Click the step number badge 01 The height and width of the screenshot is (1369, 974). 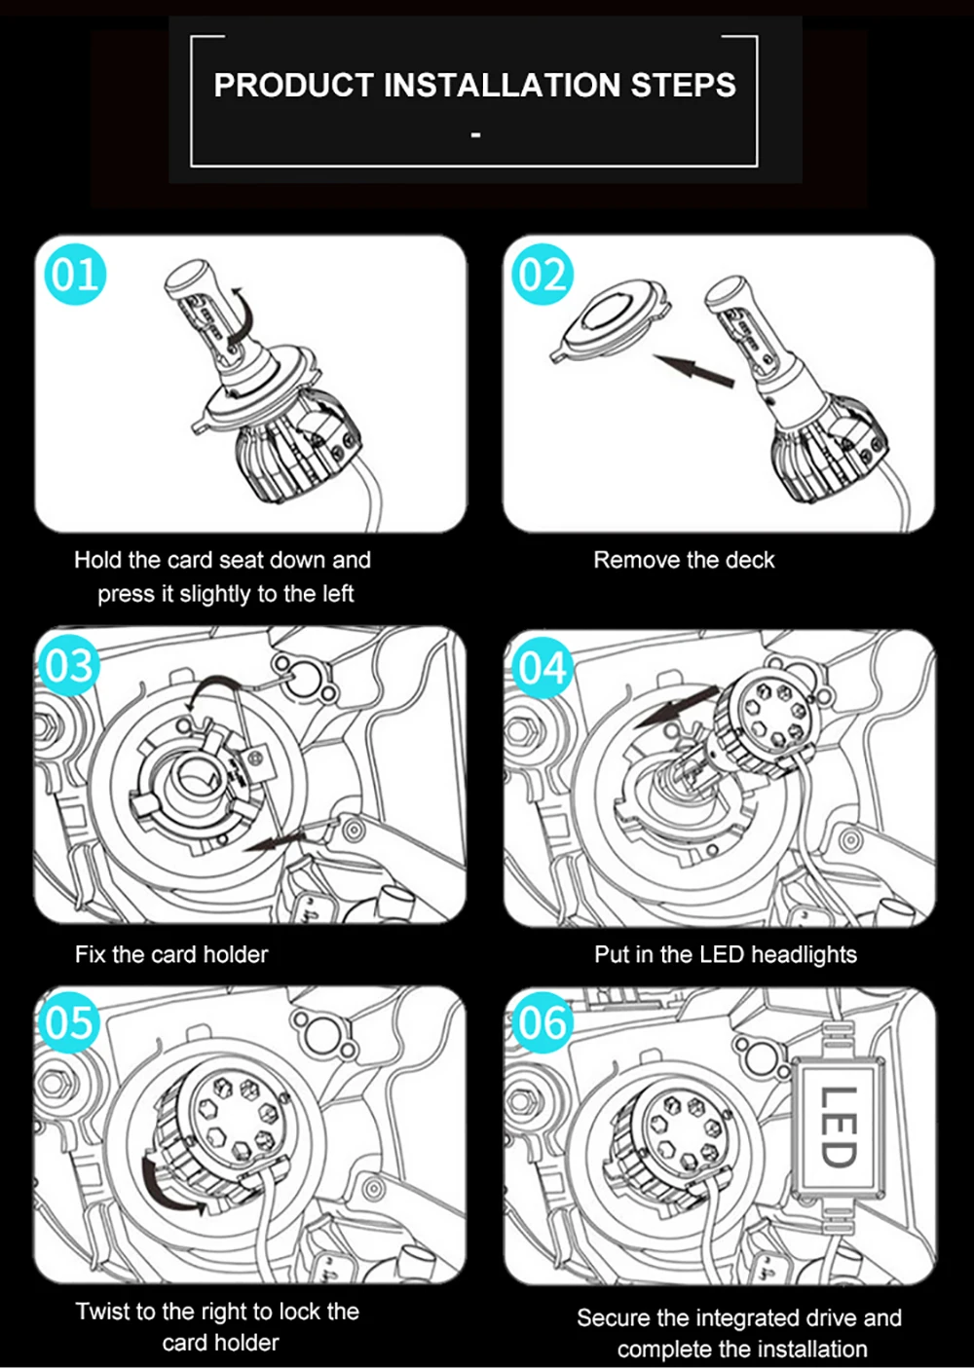tap(75, 275)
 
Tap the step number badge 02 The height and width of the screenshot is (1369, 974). tap(542, 275)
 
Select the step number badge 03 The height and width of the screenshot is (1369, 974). tap(68, 666)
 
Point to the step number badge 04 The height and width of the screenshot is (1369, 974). tap(542, 669)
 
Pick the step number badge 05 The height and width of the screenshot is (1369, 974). tap(68, 1022)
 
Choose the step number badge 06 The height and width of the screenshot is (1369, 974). tap(542, 1023)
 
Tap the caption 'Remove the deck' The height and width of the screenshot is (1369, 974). tap(684, 560)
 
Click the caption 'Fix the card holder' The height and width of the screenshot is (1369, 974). tap(171, 954)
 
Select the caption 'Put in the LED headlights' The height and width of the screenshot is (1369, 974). tap(726, 954)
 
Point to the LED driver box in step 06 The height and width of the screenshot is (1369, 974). tap(839, 1127)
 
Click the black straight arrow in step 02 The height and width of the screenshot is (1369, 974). tap(693, 370)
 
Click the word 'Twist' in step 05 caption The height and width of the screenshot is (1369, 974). tap(102, 1312)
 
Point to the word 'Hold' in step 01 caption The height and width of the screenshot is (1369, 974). tap(97, 560)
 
